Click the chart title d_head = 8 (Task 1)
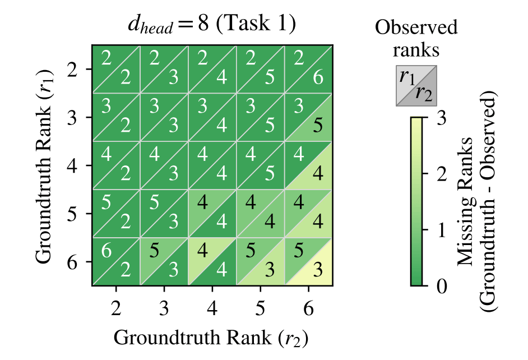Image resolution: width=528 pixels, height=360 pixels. [x=212, y=24]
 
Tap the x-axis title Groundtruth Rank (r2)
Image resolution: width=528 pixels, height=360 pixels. [x=211, y=338]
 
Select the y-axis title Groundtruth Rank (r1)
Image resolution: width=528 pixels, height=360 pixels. [x=44, y=166]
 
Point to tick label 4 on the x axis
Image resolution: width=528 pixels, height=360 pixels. [x=212, y=308]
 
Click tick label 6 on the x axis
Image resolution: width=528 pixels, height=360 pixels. [x=308, y=308]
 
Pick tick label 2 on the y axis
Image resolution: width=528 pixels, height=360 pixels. [x=73, y=70]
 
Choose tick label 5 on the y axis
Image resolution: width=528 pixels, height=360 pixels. [x=73, y=214]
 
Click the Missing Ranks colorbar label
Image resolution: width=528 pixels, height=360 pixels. [x=476, y=201]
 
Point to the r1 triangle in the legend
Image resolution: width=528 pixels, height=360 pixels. [x=407, y=79]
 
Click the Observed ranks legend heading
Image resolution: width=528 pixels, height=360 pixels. [x=416, y=38]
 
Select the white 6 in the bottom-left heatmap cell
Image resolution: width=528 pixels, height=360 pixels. [x=106, y=251]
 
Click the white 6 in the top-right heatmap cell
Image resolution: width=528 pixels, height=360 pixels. [x=318, y=78]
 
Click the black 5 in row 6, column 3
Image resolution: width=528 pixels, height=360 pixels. [x=154, y=251]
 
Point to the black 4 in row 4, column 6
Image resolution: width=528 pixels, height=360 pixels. [x=318, y=174]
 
